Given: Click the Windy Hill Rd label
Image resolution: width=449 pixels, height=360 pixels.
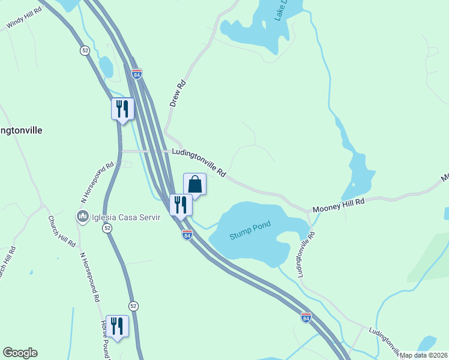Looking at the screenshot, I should [x=25, y=19].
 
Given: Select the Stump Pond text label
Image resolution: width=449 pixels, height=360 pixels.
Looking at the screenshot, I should [x=250, y=230].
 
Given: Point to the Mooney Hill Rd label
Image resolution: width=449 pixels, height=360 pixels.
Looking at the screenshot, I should [x=338, y=205].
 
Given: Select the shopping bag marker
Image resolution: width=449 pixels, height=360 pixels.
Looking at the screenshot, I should [x=194, y=184].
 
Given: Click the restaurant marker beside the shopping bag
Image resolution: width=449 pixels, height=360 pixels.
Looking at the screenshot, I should [x=181, y=205].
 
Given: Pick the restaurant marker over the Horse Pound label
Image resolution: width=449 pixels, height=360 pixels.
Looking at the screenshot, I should [x=117, y=326].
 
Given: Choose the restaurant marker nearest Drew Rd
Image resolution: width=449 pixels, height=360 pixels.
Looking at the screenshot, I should [x=122, y=109].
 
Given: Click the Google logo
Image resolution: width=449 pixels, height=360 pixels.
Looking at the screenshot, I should [x=20, y=353].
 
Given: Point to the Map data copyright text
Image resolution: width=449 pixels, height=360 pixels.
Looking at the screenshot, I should [x=424, y=355].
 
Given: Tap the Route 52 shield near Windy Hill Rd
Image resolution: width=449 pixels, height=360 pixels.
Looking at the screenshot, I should [x=85, y=50].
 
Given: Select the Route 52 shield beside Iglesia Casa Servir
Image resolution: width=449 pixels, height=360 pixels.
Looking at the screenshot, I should [x=107, y=228].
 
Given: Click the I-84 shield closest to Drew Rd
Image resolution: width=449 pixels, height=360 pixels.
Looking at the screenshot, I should [x=137, y=74].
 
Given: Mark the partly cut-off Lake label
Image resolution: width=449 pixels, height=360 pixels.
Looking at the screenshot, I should [x=280, y=11].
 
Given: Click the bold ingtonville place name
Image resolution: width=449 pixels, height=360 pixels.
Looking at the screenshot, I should [x=21, y=130].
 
